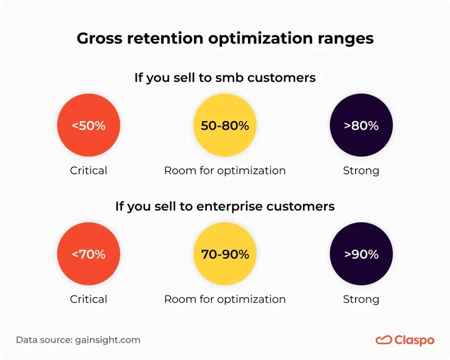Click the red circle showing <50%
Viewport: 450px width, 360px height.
(x=88, y=126)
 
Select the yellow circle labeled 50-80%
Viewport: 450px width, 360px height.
(x=224, y=126)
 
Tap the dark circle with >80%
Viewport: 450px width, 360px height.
(x=361, y=126)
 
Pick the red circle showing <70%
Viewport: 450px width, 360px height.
(x=88, y=254)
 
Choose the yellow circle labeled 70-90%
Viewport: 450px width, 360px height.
(x=224, y=254)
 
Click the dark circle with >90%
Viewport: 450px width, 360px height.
(x=361, y=254)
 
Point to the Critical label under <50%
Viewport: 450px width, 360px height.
(x=88, y=170)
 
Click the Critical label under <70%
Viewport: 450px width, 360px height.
(x=88, y=299)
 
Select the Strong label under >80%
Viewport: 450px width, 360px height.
(x=361, y=170)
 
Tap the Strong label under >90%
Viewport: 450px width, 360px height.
(x=361, y=299)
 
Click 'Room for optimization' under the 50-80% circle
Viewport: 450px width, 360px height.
(x=224, y=170)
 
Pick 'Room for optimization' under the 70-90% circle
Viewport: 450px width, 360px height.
(x=224, y=299)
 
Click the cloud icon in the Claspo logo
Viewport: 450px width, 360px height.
(x=384, y=340)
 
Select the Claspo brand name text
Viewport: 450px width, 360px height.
(x=414, y=340)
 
